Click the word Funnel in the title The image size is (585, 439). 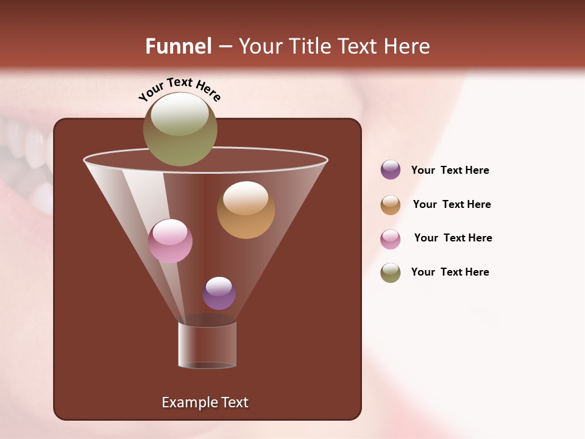[x=178, y=46]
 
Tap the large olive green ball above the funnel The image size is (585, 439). [x=180, y=129]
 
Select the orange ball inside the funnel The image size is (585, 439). [x=246, y=210]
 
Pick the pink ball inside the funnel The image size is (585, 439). [x=170, y=241]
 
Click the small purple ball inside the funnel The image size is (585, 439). [x=219, y=293]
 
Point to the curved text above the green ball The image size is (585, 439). [x=179, y=88]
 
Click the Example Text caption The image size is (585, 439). [x=205, y=402]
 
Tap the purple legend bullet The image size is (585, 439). [x=391, y=170]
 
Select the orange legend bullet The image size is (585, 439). [x=391, y=205]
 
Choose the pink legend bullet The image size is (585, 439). [x=391, y=239]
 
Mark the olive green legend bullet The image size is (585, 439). [x=391, y=273]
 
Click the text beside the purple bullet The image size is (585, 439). [x=450, y=170]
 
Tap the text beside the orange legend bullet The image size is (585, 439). [x=452, y=204]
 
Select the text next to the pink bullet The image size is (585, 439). [x=453, y=238]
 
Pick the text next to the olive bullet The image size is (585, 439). [x=450, y=272]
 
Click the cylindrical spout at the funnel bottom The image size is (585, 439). [x=207, y=345]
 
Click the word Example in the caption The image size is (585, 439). [x=188, y=402]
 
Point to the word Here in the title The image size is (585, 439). [x=405, y=46]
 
